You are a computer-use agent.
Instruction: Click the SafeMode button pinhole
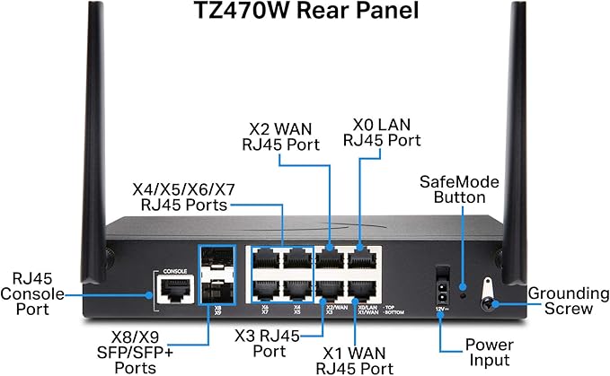(464, 289)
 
